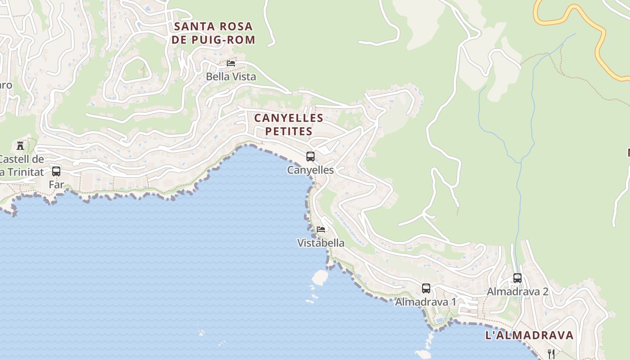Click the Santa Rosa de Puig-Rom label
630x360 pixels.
[213, 33]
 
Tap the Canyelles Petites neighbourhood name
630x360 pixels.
[288, 125]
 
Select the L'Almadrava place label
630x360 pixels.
[529, 335]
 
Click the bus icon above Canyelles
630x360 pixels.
[310, 157]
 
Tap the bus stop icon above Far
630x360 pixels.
[56, 171]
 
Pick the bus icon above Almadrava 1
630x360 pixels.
[426, 288]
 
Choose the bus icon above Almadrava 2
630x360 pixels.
[517, 278]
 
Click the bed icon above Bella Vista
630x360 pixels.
[231, 63]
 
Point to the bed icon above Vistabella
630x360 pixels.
[321, 229]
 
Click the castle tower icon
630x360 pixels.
[20, 145]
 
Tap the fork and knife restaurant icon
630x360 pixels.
[551, 354]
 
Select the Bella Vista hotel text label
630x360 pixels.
[231, 76]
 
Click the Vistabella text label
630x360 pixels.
[321, 243]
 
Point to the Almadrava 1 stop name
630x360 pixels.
[425, 302]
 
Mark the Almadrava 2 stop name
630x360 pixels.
[517, 292]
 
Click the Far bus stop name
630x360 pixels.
[56, 184]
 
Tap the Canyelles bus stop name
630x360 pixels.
[310, 170]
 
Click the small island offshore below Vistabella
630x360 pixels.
[320, 277]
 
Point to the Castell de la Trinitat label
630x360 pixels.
[22, 166]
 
